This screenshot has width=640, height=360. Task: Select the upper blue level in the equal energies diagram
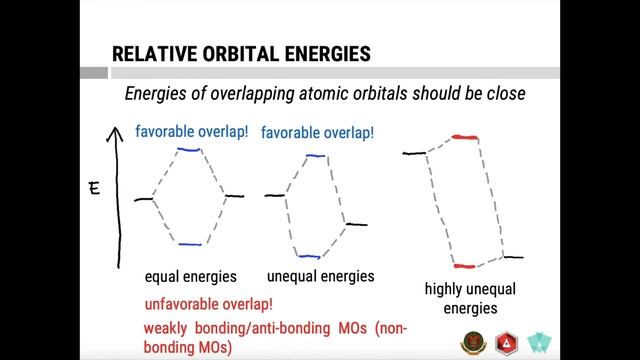pyautogui.click(x=189, y=150)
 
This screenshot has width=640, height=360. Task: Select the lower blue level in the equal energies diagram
pyautogui.click(x=189, y=244)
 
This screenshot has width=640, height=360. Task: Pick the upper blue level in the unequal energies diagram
pyautogui.click(x=315, y=156)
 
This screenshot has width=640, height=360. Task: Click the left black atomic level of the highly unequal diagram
pyautogui.click(x=414, y=153)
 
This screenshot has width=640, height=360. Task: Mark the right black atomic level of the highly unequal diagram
pyautogui.click(x=512, y=257)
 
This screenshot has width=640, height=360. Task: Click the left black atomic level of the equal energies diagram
pyautogui.click(x=144, y=199)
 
